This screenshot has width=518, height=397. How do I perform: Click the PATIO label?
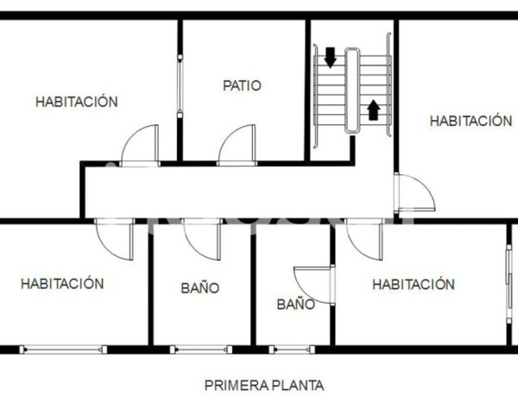click(x=242, y=85)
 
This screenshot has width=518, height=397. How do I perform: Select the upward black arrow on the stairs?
click(x=373, y=109)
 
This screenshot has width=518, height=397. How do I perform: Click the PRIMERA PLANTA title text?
click(x=264, y=385)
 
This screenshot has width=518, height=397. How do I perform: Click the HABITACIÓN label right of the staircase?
click(x=471, y=121)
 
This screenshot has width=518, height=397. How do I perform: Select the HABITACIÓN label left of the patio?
click(x=76, y=101)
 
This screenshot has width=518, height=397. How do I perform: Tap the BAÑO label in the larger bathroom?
click(x=200, y=288)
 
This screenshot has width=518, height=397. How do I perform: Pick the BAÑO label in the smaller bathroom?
click(x=295, y=304)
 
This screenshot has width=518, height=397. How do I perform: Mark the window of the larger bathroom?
click(x=200, y=350)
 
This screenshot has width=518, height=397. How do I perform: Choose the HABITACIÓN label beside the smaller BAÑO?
click(x=413, y=284)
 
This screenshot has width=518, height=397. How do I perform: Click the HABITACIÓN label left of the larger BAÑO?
click(x=62, y=283)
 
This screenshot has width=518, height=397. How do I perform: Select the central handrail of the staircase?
click(x=352, y=91)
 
